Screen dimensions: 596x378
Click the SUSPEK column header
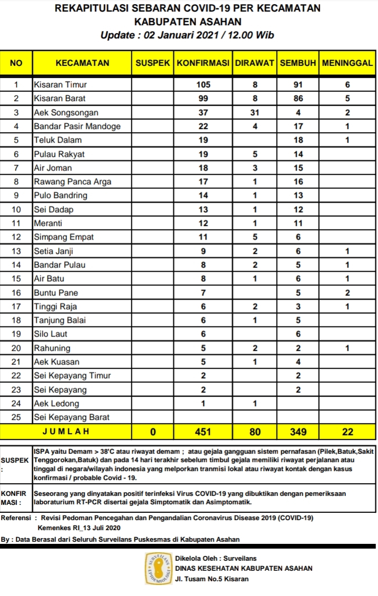coord(152,63)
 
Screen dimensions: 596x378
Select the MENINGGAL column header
coord(348,63)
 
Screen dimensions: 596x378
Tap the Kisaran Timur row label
coord(60,84)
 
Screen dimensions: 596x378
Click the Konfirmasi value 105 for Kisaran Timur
coord(203,84)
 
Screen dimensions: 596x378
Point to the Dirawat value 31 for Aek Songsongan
coord(255,112)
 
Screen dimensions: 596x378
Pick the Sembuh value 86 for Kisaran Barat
coord(298,98)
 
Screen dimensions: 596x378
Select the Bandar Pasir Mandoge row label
coord(77,126)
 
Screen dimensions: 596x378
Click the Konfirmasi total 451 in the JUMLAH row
coord(203,432)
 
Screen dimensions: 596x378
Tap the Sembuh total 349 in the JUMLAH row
coord(298,432)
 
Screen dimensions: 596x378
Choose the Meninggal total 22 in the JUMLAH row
coord(348,432)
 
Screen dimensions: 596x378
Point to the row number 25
coord(16,418)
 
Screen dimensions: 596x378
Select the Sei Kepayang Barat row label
coord(71,418)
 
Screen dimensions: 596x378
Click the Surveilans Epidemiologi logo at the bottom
coord(159,568)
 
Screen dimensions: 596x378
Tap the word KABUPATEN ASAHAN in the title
coord(188,22)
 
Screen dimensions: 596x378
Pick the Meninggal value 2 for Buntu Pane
coord(348,292)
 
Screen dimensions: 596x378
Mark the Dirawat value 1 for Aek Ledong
coord(255,404)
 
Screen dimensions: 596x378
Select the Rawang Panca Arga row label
coord(73,182)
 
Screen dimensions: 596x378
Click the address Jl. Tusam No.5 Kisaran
coord(212,579)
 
